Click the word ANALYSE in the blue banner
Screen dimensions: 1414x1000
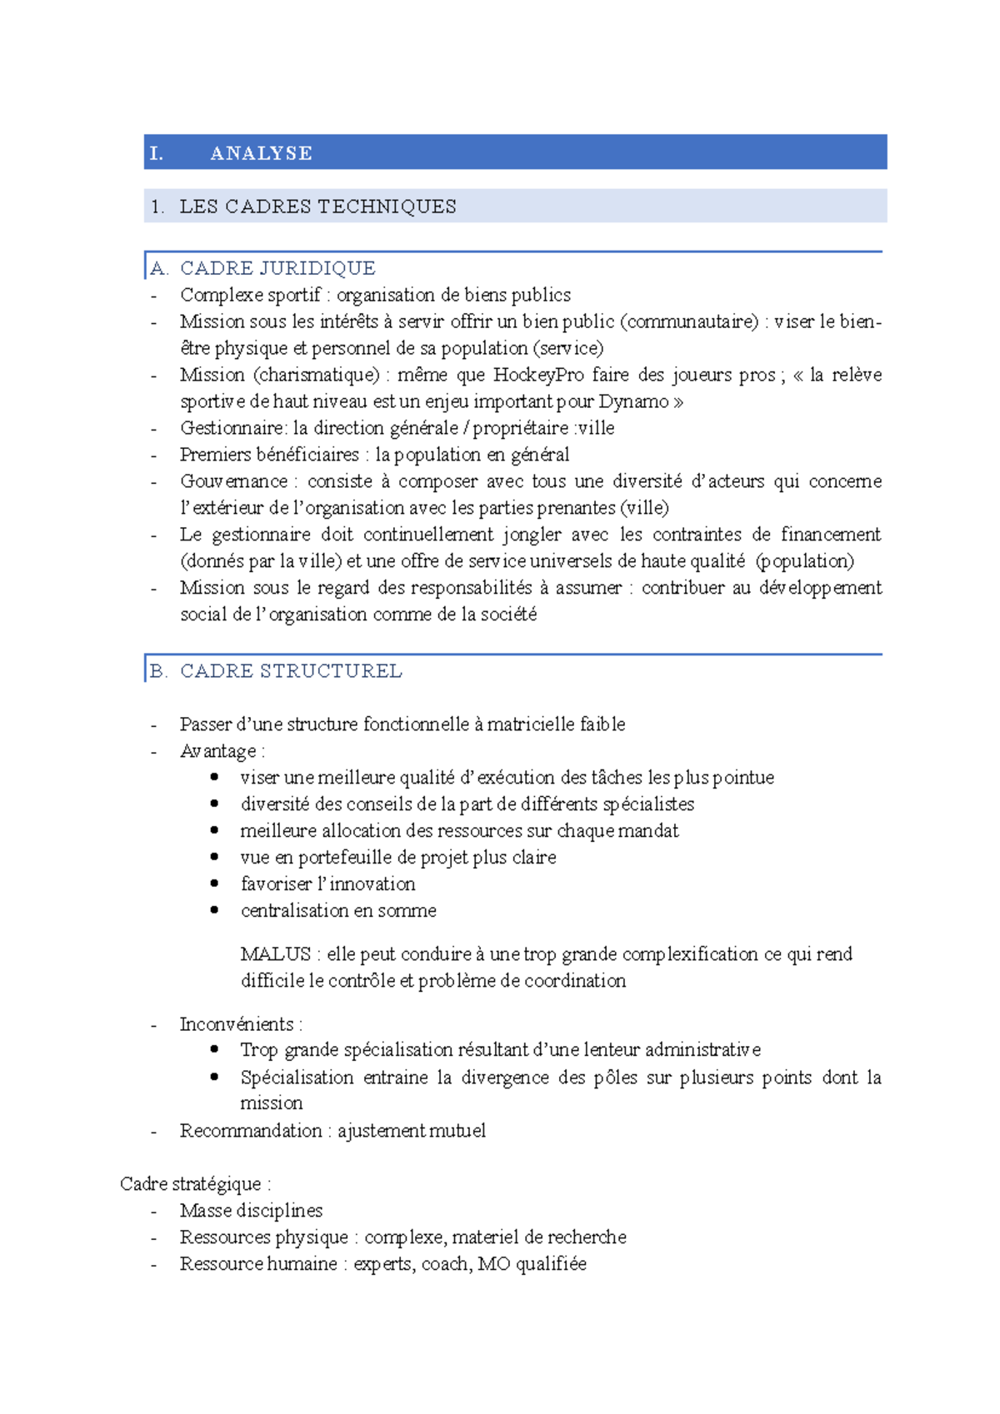click(261, 153)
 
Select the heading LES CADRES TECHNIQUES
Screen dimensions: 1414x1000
click(317, 207)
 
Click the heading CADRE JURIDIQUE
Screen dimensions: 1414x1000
click(277, 268)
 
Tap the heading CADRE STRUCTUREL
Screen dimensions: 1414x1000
click(291, 671)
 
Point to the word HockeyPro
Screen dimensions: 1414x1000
click(538, 375)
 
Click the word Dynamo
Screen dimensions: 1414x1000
click(633, 401)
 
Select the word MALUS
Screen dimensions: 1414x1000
click(275, 953)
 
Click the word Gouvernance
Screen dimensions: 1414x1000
click(233, 481)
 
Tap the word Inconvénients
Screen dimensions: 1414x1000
click(237, 1024)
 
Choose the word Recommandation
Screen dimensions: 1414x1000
click(250, 1131)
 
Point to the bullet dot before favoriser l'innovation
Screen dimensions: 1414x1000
click(215, 884)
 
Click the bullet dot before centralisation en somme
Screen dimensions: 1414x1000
click(215, 910)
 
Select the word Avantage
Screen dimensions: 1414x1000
click(218, 751)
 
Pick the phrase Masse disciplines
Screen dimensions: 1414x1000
click(251, 1211)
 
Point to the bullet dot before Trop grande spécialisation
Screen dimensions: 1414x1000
click(215, 1049)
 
